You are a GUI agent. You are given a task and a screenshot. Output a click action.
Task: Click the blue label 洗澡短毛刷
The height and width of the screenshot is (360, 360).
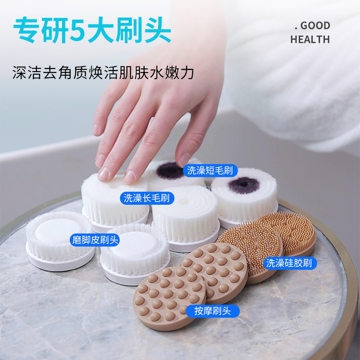(210, 171)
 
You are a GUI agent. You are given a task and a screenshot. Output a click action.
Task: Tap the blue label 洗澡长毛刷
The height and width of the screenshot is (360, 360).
(147, 198)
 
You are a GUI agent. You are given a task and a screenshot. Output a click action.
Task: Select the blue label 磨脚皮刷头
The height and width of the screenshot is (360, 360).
(95, 240)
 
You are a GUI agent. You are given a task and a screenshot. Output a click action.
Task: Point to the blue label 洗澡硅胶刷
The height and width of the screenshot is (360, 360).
(290, 263)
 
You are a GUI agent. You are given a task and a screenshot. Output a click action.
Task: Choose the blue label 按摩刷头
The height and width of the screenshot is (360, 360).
(212, 311)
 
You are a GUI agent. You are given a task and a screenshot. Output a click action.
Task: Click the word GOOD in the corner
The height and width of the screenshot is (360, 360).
(315, 26)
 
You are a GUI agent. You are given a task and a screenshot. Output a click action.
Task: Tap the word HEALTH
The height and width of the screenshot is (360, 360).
(310, 40)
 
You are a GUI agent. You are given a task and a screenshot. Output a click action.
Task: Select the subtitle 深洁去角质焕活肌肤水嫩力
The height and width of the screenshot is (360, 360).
(103, 73)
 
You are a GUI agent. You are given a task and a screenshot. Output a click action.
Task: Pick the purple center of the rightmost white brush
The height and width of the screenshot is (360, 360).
(244, 185)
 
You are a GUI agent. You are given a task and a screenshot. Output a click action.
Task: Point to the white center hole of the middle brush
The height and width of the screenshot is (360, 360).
(184, 201)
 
